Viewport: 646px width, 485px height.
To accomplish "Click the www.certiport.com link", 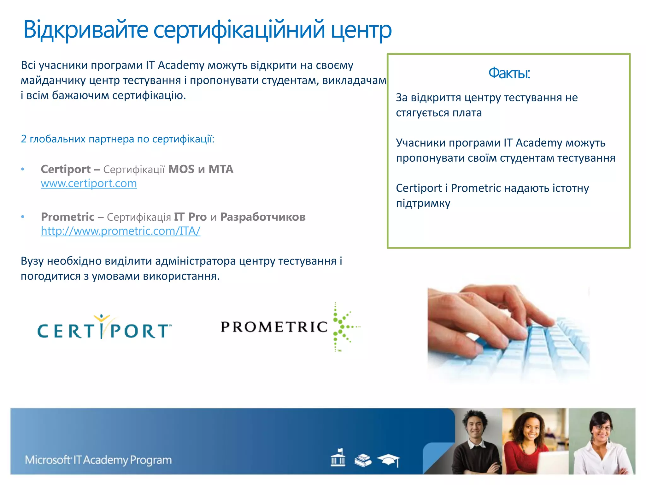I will point(89,183).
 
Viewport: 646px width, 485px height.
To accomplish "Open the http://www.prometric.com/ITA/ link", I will point(120,231).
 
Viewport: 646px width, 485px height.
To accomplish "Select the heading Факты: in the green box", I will point(509,73).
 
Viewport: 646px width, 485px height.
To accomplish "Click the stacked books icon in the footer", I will point(363,460).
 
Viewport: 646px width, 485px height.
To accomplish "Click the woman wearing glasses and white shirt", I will point(601,442).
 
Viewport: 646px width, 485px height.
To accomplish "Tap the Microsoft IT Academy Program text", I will point(98,460).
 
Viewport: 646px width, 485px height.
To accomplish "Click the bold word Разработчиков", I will point(263,217).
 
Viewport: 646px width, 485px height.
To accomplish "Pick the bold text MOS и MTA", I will point(201,169).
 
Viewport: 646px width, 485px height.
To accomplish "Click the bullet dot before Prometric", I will point(23,217).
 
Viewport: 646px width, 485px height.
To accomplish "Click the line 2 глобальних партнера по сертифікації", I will point(117,139).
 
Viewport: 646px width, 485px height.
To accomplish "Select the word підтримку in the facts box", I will point(423,203).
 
